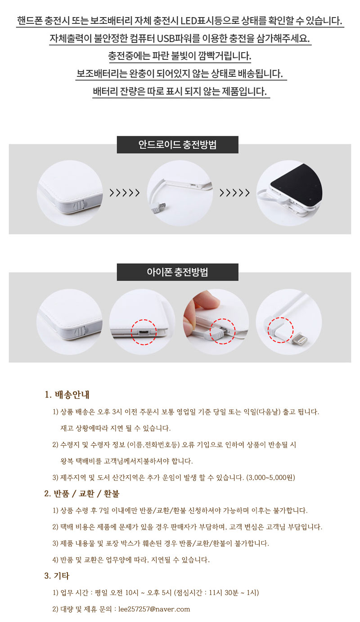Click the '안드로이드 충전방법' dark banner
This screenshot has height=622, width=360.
[177, 145]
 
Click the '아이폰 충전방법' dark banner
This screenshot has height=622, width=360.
[177, 272]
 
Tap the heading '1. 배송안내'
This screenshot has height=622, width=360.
[67, 394]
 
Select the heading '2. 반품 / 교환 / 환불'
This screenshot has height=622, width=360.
[81, 493]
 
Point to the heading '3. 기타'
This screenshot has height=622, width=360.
[57, 576]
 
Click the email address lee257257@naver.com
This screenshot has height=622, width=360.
[154, 609]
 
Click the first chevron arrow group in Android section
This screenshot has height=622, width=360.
[125, 192]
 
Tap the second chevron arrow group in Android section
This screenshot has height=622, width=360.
[234, 192]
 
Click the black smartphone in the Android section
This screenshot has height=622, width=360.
[296, 185]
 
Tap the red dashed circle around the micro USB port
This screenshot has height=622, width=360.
[144, 332]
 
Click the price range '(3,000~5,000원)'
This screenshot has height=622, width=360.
[270, 477]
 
